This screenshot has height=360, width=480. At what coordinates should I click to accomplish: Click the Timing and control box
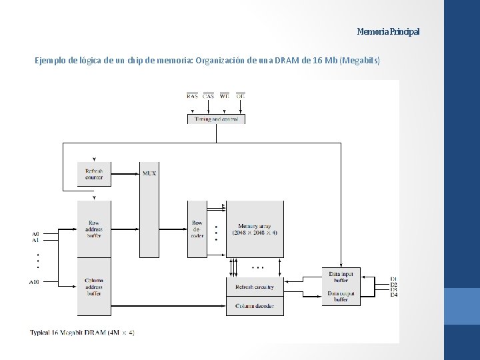(216, 119)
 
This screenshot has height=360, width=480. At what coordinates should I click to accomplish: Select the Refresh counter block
(94, 174)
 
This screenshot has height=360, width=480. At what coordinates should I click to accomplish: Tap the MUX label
(149, 173)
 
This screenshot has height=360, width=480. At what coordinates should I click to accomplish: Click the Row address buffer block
(94, 229)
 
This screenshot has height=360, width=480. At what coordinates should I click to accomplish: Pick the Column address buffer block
(94, 287)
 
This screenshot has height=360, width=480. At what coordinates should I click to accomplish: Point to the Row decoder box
(197, 229)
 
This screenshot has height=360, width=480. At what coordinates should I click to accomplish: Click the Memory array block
(255, 229)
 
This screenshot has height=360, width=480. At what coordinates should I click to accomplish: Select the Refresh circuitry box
(255, 287)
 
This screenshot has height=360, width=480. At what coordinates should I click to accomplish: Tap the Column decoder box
(255, 306)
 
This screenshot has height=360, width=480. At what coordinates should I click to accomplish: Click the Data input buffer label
(341, 277)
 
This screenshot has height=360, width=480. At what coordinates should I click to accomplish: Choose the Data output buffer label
(341, 297)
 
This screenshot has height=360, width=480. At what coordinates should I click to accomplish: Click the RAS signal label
(192, 96)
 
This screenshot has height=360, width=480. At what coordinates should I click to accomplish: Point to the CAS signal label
(208, 96)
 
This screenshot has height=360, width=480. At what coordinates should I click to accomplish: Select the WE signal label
(224, 96)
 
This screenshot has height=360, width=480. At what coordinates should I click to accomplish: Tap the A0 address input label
(35, 234)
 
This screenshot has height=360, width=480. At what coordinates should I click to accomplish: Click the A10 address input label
(34, 282)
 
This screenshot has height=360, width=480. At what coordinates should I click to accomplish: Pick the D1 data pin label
(393, 279)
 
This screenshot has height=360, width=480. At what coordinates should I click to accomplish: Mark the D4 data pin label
(393, 295)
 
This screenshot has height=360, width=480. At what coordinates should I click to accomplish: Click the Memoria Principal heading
(388, 32)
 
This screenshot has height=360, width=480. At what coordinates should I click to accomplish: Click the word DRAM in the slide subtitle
(289, 61)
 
